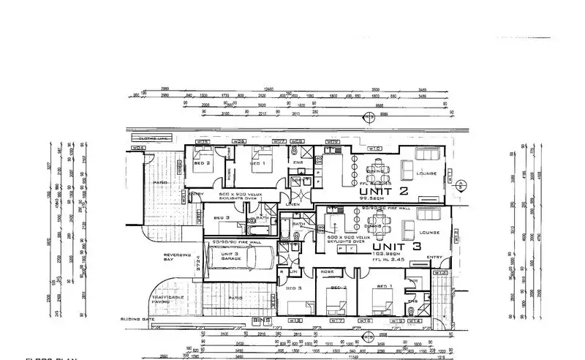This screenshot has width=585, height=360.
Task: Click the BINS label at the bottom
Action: coord(257,320)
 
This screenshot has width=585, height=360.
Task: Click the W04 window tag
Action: coord(136,149)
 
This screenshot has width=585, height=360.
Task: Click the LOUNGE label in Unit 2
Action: coord(426,173)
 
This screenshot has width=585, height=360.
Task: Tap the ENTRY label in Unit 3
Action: coord(434,257)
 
